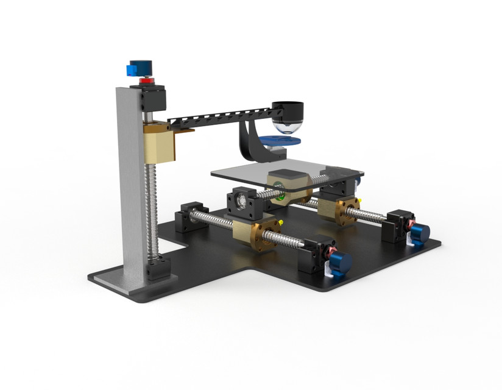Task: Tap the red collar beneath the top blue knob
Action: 146,81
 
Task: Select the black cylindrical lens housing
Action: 287,111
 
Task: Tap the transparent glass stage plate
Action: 244,174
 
